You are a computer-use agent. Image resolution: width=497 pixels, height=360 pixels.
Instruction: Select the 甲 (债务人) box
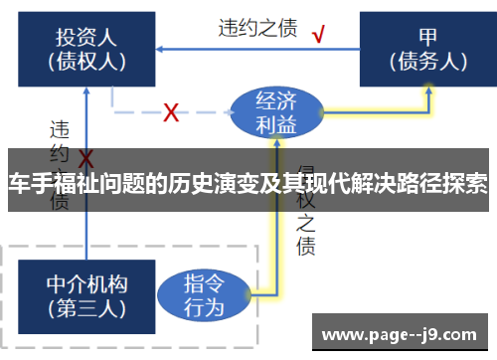click(x=428, y=48)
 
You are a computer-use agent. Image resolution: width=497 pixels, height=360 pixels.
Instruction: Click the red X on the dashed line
click(x=171, y=112)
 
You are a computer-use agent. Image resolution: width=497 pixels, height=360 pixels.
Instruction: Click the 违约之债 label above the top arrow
click(x=257, y=27)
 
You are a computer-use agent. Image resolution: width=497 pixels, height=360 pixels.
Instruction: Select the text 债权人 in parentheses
click(x=86, y=61)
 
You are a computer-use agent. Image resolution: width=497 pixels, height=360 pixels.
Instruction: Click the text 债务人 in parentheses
click(x=428, y=61)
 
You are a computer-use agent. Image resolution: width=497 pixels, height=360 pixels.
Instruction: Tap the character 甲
click(x=428, y=37)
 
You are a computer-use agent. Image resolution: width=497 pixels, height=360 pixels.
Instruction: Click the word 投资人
click(x=86, y=37)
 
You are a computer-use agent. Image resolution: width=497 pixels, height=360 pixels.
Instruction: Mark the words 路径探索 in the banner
click(x=446, y=184)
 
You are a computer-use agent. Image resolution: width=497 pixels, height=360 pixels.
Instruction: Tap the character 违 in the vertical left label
click(x=60, y=130)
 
